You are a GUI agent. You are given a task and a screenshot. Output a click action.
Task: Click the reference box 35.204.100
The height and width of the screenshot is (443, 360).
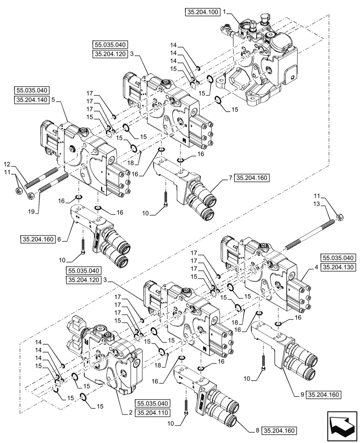(x=203, y=13)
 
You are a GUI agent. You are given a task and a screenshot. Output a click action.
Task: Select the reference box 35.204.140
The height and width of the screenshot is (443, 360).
(x=31, y=100)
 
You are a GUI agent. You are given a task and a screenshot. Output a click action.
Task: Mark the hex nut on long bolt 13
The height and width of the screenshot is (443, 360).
(x=340, y=217)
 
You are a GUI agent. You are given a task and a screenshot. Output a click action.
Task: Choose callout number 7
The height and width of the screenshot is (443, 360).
(x=230, y=178)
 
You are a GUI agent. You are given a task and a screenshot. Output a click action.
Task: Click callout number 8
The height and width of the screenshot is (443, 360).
(x=257, y=430)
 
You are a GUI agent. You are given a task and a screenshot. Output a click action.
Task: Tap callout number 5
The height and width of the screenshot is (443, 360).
(x=53, y=100)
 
